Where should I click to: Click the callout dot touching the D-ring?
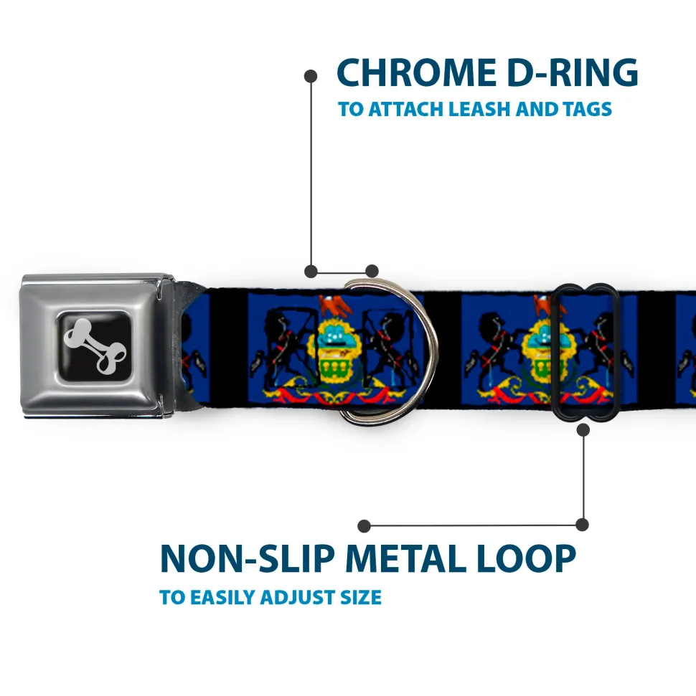click(371, 271)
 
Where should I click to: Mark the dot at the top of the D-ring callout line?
click(311, 75)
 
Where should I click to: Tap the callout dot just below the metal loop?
click(583, 430)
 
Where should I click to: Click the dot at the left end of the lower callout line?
click(365, 525)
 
